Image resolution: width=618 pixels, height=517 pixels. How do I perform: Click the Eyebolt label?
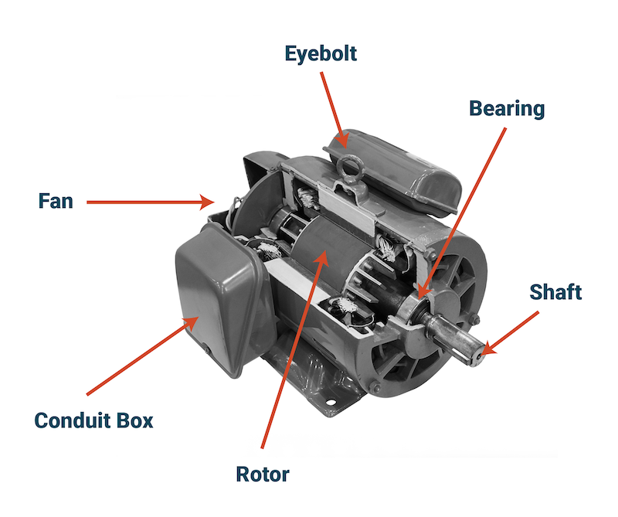point(321,54)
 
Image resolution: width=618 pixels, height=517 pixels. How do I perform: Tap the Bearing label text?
point(507,108)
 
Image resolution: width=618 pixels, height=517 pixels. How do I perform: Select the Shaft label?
point(555,292)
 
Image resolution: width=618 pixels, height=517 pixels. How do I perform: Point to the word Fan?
point(56,201)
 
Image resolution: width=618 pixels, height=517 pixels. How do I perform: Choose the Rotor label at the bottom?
point(263,474)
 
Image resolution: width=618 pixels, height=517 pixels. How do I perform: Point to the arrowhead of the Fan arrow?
point(207,202)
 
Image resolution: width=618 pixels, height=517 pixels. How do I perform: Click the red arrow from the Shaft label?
point(510,333)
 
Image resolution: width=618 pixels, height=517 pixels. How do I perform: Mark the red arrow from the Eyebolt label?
point(334,110)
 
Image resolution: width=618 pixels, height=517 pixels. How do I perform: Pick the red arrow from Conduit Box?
point(143,355)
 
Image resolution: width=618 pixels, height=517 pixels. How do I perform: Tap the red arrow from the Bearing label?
point(462,213)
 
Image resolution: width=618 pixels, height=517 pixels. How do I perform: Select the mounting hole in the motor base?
point(331,403)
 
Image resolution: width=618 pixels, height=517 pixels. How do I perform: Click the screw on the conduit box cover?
point(205,350)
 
